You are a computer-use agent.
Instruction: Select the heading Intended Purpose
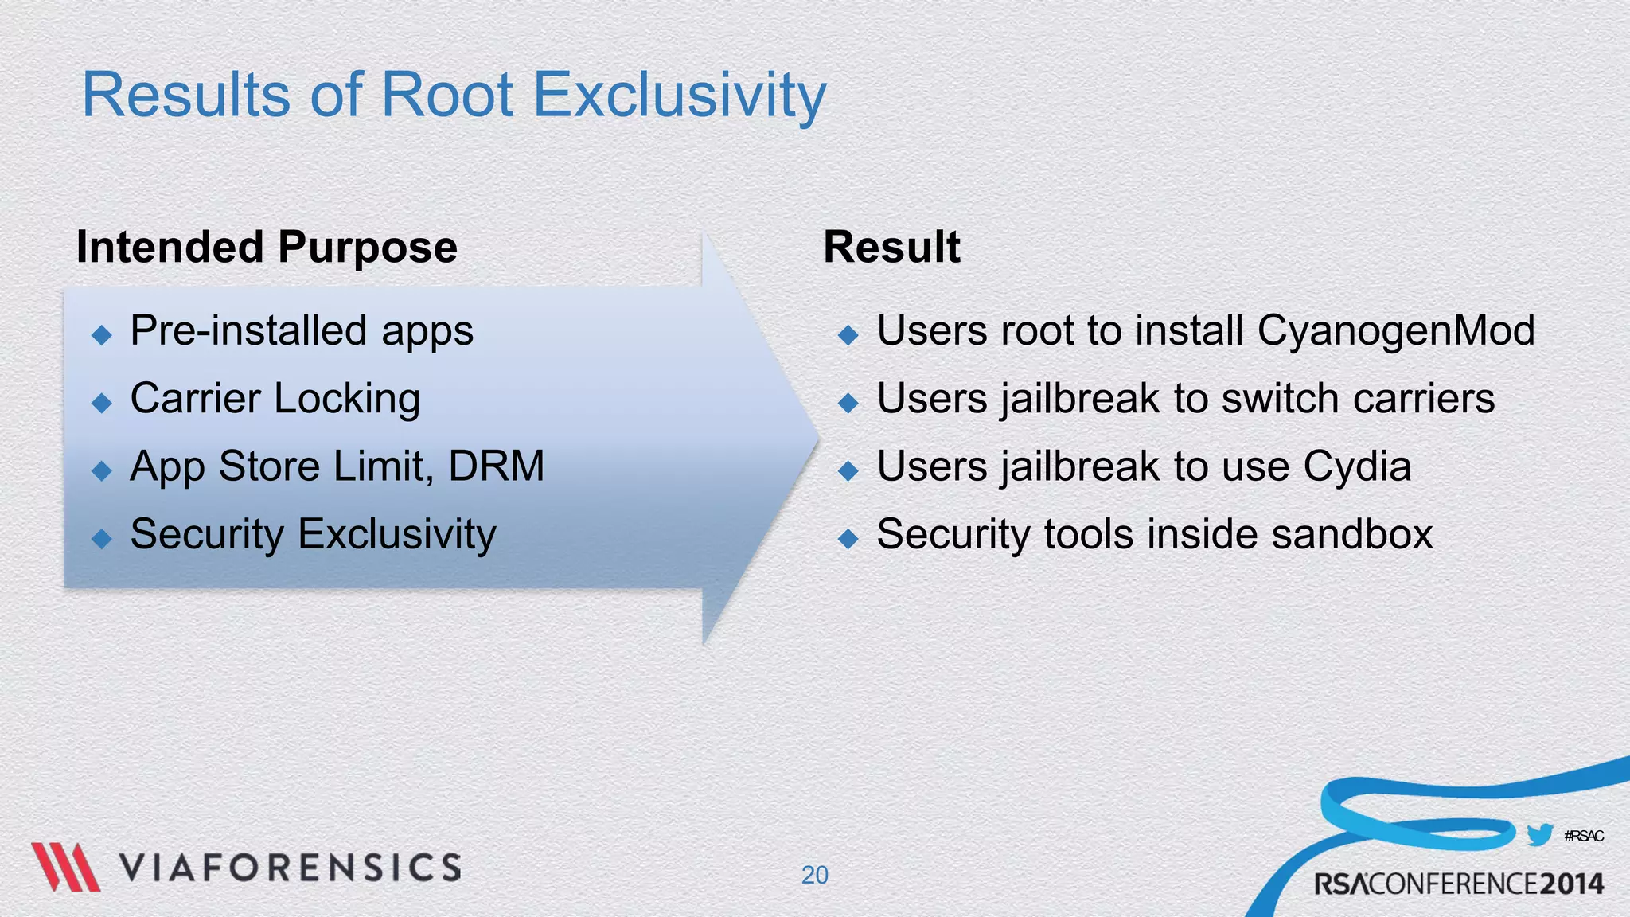267,247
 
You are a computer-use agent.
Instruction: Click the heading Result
891,247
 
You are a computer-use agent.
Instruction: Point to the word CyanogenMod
1396,330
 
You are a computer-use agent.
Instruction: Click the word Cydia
1357,466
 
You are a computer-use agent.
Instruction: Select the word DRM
497,466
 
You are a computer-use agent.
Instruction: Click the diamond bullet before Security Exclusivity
102,539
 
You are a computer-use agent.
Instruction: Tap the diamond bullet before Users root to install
848,335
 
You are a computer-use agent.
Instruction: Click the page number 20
814,875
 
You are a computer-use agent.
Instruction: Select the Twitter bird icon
1540,835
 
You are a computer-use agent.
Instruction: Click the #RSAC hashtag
1584,836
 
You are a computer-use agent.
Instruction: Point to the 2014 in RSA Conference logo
1571,884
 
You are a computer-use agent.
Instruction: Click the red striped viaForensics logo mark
65,867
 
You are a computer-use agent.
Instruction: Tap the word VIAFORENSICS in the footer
291,868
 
